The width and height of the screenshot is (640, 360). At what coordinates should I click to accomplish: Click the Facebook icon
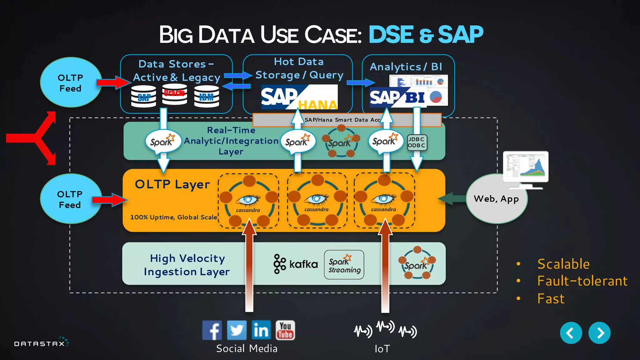point(212,330)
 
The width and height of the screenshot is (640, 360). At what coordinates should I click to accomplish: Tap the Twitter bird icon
point(237,330)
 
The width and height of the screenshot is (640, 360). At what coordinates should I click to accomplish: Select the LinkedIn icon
point(261,330)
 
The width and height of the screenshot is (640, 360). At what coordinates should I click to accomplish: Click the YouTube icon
point(285,330)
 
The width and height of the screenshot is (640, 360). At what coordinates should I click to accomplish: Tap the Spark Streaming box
point(344,265)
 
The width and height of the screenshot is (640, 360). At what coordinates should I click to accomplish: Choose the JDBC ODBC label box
point(417,142)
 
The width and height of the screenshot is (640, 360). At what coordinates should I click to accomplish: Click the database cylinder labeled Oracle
point(174,94)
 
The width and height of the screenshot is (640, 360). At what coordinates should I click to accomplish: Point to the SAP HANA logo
point(299,97)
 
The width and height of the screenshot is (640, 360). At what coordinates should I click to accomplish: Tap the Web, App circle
point(496,199)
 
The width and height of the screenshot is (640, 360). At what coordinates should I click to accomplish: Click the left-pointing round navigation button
point(571,333)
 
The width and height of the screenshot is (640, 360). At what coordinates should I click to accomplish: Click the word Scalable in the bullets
point(563,264)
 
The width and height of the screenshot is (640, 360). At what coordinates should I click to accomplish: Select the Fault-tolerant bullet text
point(582,281)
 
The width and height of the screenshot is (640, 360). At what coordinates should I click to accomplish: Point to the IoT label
point(382,349)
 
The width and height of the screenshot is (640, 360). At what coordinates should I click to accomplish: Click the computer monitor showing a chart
point(526,167)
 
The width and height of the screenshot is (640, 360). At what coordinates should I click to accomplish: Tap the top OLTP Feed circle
point(71,82)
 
